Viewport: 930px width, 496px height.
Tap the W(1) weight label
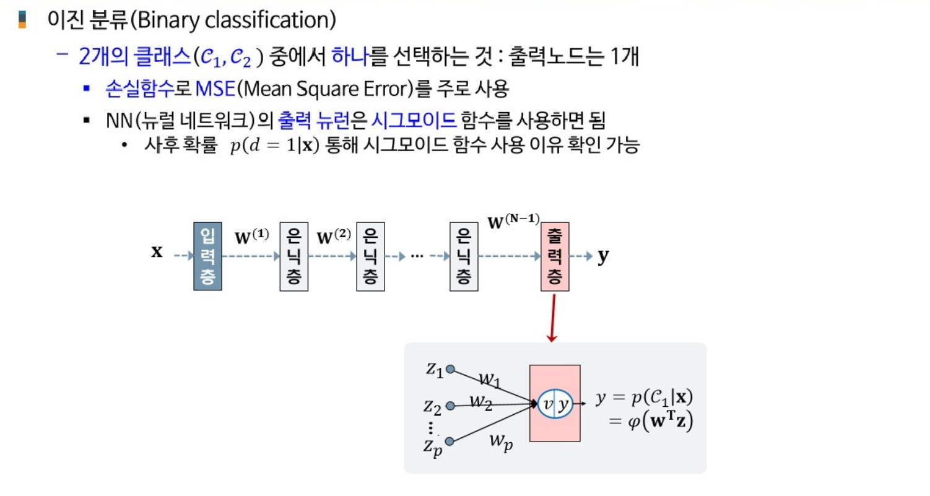(x=251, y=237)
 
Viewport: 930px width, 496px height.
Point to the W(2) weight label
(x=334, y=237)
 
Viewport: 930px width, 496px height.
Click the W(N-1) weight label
(x=514, y=221)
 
